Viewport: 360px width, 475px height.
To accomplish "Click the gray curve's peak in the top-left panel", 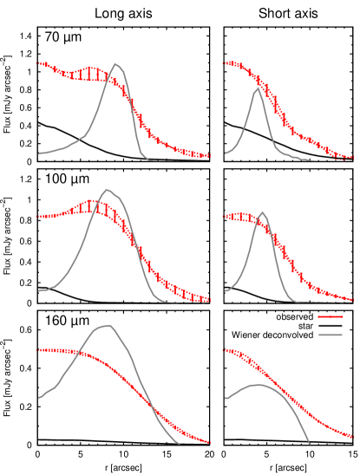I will pos(116,63).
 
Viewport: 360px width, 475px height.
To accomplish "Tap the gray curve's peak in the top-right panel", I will pos(258,88).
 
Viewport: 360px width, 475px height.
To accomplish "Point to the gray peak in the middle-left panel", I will pos(108,189).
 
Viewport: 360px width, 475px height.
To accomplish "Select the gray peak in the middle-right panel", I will pos(263,211).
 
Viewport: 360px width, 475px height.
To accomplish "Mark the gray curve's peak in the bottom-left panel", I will pos(109,325).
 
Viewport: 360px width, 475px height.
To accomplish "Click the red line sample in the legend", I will pos(331,316).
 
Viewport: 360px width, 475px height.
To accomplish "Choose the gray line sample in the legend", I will pos(331,335).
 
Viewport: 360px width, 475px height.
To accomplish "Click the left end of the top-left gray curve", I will pos(38,153).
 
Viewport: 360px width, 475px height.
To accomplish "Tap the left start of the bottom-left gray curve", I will pos(38,398).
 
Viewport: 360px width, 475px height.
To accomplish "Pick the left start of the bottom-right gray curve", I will pos(225,399).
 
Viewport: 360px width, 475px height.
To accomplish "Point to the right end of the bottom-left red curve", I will pos(210,442).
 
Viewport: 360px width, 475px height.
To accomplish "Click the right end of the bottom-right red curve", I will pos(353,437).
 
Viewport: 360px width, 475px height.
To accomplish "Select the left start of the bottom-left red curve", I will pos(38,350).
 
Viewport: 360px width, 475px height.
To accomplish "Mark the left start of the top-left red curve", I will pos(38,63).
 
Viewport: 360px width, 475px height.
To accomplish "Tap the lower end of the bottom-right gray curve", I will pos(310,444).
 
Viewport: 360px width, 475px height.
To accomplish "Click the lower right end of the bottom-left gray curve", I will pos(180,444).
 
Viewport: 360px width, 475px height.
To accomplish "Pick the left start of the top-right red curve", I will pos(224,63).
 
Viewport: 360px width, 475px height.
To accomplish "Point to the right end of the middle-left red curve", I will pos(210,300).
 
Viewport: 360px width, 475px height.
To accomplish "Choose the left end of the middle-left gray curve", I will pos(38,290).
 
